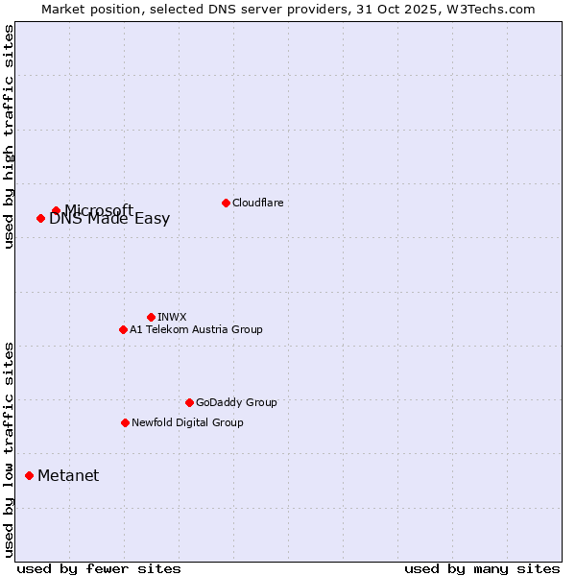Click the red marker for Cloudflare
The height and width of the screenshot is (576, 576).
tap(226, 203)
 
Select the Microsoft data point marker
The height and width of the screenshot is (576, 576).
tap(56, 210)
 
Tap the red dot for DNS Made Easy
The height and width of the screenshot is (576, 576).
tap(40, 218)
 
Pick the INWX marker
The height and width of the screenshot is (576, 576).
tap(151, 317)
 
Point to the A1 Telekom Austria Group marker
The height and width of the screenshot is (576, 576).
tap(123, 329)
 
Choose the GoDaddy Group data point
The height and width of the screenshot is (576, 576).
tap(189, 402)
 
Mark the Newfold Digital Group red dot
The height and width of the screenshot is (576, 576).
tap(125, 422)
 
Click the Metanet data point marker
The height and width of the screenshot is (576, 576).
tap(29, 475)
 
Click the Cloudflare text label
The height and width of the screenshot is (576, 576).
tap(257, 203)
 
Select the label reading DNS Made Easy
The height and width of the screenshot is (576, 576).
tap(109, 219)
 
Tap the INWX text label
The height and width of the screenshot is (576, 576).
tap(172, 317)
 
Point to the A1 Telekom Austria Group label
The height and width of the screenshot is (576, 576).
tap(196, 329)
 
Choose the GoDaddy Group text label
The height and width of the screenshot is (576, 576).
tap(236, 402)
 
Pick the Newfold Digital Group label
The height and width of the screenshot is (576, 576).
tap(187, 422)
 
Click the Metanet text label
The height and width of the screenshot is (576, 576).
tap(68, 475)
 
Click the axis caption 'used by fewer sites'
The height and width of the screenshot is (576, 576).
tap(99, 568)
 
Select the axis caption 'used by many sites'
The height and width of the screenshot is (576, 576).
tap(482, 568)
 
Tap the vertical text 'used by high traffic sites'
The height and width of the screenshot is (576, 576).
tap(9, 136)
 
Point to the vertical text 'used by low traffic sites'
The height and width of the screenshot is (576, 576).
tap(9, 448)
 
